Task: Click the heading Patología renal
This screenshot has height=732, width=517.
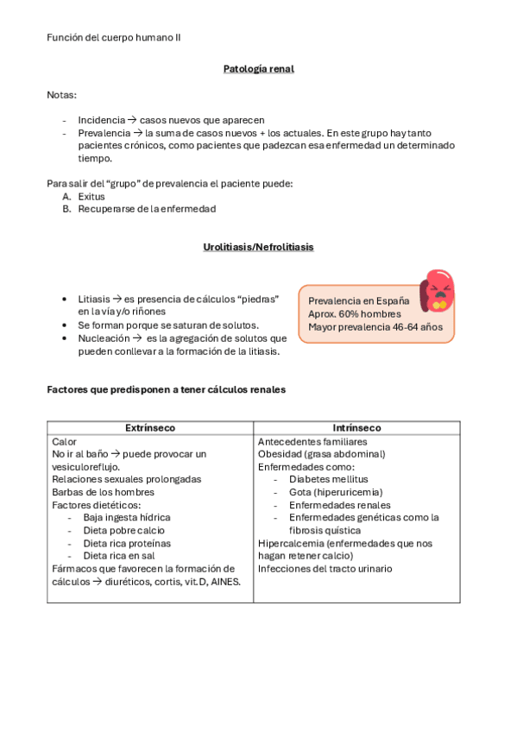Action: [x=258, y=68]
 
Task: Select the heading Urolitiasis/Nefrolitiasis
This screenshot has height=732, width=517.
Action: [x=258, y=247]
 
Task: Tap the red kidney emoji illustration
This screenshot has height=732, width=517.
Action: [x=437, y=291]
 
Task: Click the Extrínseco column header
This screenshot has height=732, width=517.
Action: [x=150, y=428]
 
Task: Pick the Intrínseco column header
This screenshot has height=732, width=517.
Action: [x=356, y=428]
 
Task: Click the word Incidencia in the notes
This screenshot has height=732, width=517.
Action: [x=101, y=120]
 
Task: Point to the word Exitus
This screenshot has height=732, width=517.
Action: [x=91, y=197]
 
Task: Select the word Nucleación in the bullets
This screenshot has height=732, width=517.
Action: [x=104, y=338]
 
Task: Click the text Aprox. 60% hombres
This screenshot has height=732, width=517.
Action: [x=354, y=313]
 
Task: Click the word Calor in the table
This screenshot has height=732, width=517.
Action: [x=65, y=441]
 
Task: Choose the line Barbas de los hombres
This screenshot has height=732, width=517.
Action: [x=103, y=492]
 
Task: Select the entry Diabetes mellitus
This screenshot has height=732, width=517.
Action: [x=329, y=479]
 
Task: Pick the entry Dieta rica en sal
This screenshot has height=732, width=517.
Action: [x=120, y=556]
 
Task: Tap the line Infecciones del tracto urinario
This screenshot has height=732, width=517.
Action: [x=325, y=569]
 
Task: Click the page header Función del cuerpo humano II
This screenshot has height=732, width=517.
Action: [x=114, y=37]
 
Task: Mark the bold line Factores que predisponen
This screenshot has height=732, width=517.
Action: [x=166, y=390]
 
